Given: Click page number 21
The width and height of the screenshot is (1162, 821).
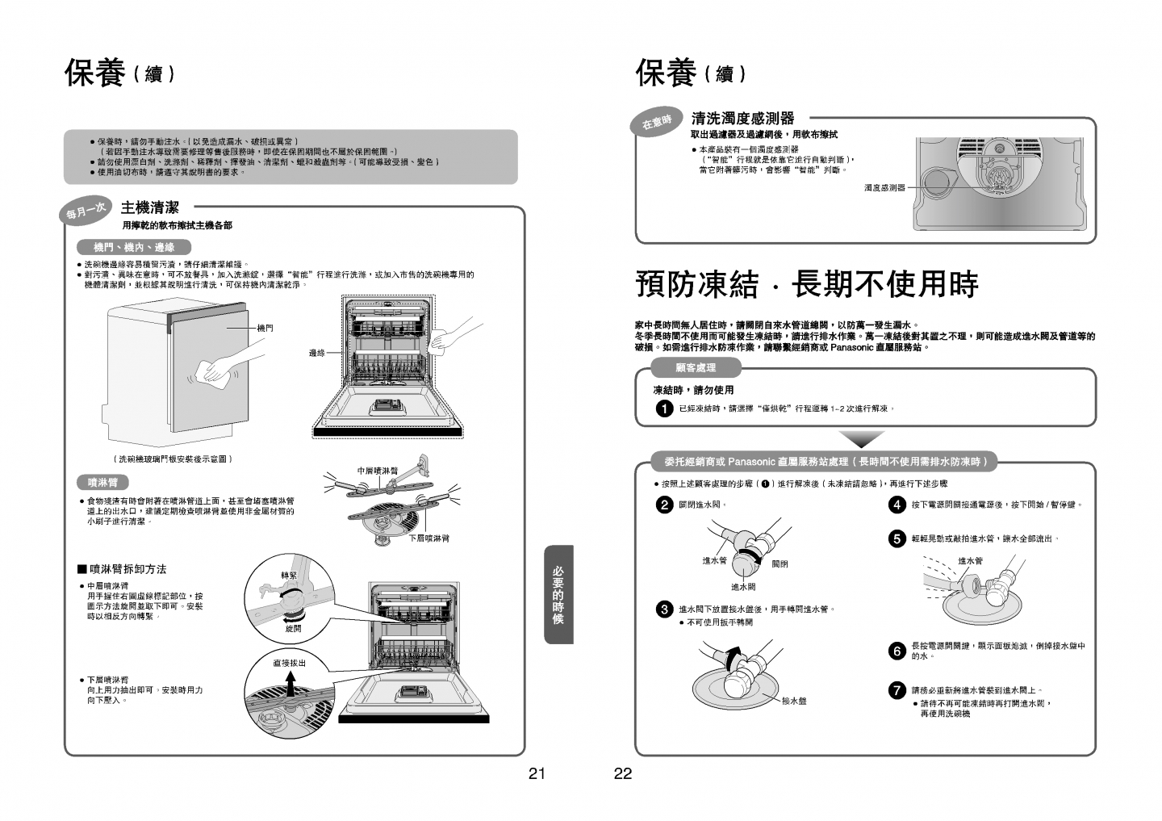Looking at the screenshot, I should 537,774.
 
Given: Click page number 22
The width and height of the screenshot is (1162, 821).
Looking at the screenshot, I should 623,774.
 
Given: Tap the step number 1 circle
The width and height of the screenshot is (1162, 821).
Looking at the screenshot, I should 664,409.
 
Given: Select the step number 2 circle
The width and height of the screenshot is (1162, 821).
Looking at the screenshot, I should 664,505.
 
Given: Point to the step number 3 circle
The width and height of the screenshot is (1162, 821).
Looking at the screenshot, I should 664,609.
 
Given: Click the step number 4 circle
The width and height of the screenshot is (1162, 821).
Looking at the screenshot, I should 897,505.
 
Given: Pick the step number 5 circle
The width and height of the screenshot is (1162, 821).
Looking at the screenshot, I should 897,538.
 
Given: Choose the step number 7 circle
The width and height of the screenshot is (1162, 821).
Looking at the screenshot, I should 897,690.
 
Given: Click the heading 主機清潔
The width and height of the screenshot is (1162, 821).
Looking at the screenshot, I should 150,207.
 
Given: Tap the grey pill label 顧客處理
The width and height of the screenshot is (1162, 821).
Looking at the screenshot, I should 696,368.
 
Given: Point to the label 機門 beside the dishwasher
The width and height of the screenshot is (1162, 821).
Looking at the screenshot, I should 265,328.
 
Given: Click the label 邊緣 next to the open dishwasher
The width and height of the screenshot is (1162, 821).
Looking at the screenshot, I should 317,353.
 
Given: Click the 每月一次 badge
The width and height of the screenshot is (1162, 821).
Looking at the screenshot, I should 86,212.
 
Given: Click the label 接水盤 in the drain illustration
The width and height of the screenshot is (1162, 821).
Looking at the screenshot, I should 794,701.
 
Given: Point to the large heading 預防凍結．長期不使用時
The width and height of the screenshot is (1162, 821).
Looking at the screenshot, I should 807,284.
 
